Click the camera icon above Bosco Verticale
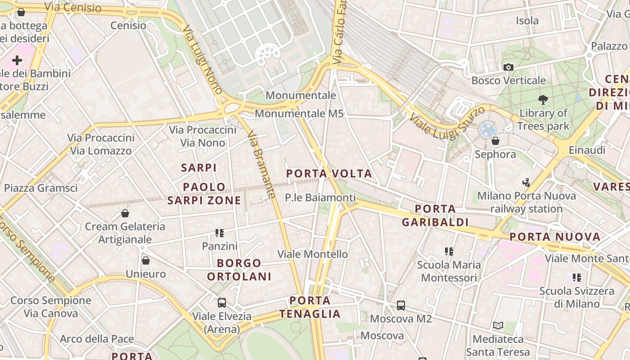pos(508,67)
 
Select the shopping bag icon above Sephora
pos(495,141)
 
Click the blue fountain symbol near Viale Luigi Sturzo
pos(487,130)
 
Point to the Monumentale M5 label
pos(299,113)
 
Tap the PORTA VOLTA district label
pos(329,174)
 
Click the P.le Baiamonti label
pos(320,198)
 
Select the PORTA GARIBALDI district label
pos(435,216)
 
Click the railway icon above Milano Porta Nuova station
pos(526,183)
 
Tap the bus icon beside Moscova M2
pos(401,306)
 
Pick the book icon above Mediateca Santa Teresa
pos(498,325)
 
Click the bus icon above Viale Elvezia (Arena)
pos(222,303)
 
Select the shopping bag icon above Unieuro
pos(146,261)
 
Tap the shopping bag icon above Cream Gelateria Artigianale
pos(125,213)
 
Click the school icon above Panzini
pos(220,233)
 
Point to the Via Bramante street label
pos(261,165)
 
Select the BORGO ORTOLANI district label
pos(239,270)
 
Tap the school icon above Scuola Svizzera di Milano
pos(577,278)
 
